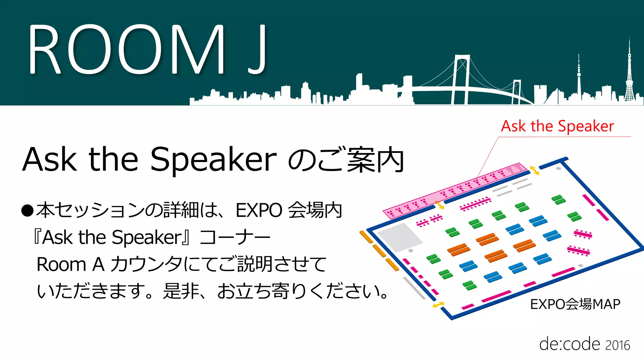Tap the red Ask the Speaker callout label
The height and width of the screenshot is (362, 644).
(x=557, y=126)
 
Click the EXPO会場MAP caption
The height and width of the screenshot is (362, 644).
(x=575, y=304)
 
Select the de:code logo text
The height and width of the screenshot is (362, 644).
(x=569, y=344)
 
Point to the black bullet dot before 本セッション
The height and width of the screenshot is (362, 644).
(x=27, y=211)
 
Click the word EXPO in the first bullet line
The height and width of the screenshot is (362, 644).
(x=259, y=210)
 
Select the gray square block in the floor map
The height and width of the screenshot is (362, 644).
(x=399, y=237)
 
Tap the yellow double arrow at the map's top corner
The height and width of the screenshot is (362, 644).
(x=534, y=170)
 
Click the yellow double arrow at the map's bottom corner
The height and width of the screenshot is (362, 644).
(x=438, y=304)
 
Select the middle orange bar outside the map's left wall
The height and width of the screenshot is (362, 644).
(x=379, y=251)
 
